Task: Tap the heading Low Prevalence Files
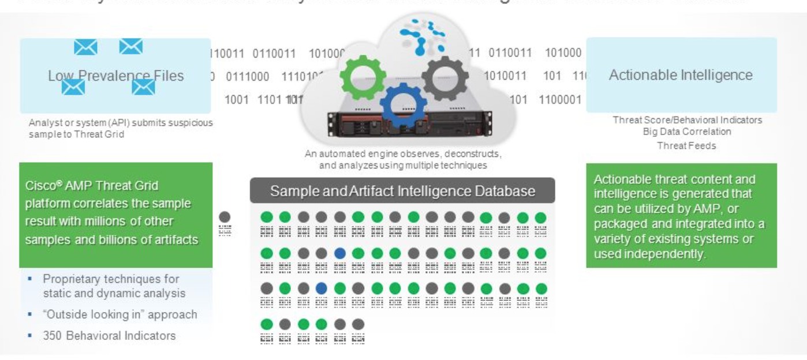pyautogui.click(x=115, y=76)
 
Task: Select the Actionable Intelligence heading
pyautogui.click(x=681, y=75)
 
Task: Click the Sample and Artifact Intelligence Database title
pyautogui.click(x=402, y=191)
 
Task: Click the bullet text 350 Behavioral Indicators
pyautogui.click(x=109, y=335)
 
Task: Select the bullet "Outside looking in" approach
pyautogui.click(x=119, y=314)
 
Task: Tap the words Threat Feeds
pyautogui.click(x=686, y=146)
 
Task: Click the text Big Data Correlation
pyautogui.click(x=687, y=132)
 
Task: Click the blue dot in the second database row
pyautogui.click(x=340, y=253)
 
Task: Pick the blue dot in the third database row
pyautogui.click(x=322, y=288)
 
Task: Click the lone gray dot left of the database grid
pyautogui.click(x=225, y=217)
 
